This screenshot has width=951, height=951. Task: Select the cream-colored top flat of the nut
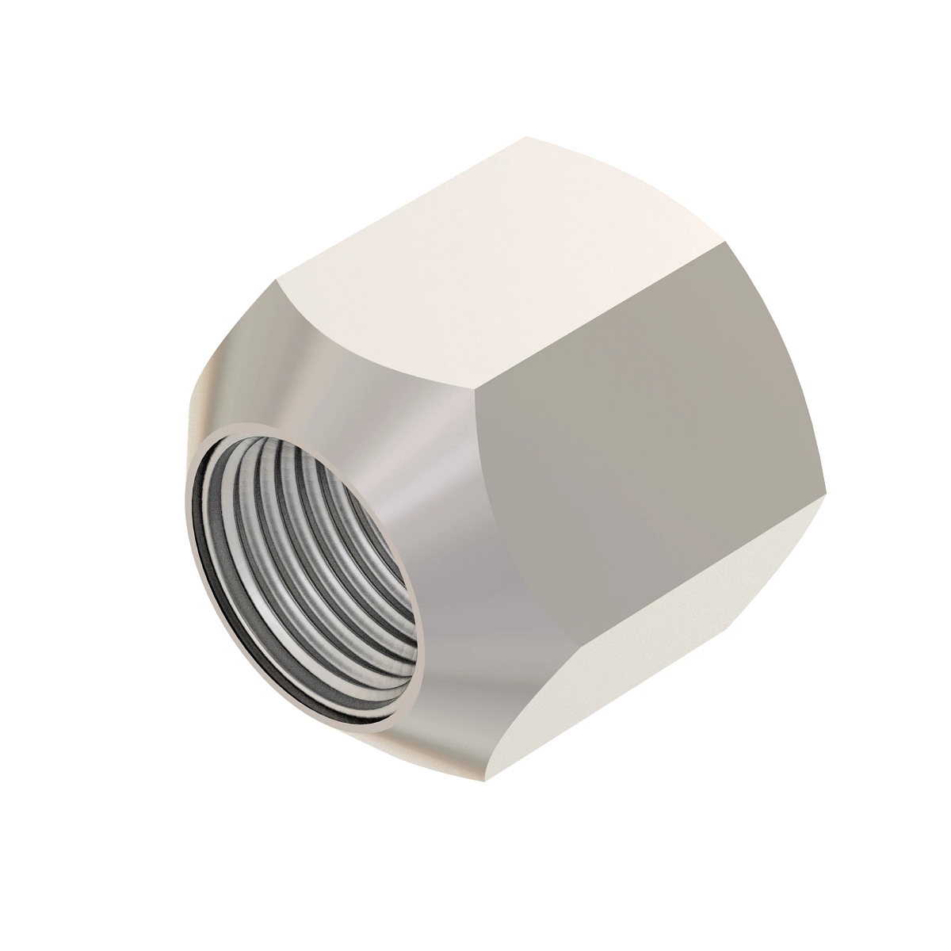491,262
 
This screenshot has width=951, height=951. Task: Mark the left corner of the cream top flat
275,280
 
